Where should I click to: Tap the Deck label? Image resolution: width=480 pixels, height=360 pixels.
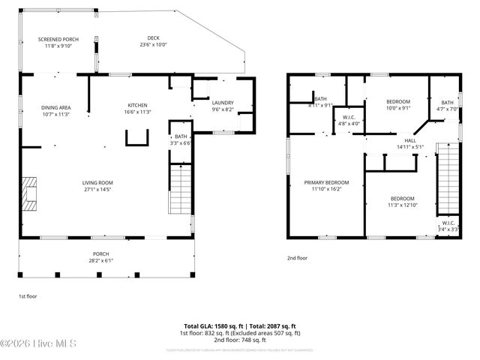coord(153,43)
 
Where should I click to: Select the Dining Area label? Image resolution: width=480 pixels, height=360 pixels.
coord(55,109)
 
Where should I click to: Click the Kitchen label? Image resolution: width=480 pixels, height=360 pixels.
coord(137,108)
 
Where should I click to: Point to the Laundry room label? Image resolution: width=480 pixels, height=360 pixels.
coord(223,106)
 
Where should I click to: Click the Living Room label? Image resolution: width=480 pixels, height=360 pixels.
coord(97,185)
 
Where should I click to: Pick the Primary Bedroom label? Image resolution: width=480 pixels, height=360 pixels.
coord(326,185)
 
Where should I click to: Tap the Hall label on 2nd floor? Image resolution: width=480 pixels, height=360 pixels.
coord(410,143)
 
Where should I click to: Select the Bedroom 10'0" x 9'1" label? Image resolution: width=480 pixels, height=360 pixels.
coord(398,104)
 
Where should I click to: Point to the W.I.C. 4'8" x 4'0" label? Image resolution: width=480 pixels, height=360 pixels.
coord(349,120)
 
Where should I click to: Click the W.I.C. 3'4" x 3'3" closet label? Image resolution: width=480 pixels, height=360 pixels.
coord(448,226)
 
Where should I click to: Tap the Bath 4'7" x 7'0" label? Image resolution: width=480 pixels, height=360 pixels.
coord(447,106)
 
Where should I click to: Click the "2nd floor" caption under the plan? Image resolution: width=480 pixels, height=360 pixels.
coord(297,259)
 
